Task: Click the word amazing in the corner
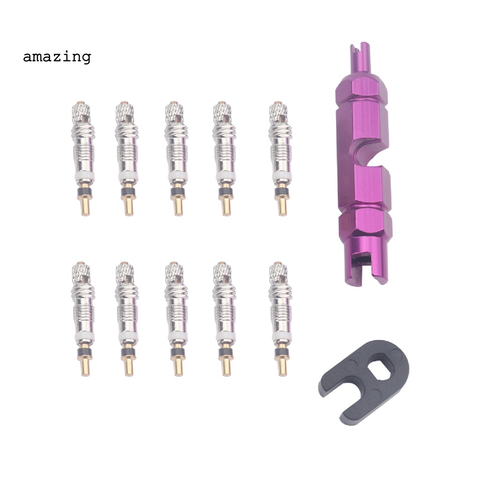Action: [57, 57]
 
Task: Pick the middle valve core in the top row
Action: [174, 158]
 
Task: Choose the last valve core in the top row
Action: [278, 158]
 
